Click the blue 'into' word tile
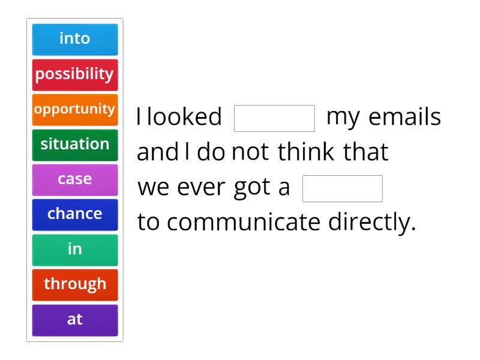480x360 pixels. point(74,39)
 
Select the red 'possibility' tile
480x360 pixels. point(74,74)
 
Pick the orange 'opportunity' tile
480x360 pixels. point(74,109)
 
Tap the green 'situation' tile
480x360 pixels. point(74,144)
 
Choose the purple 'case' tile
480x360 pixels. point(74,179)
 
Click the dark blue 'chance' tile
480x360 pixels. point(74,214)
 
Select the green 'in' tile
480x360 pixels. point(74,249)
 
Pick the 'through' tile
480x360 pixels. point(74,284)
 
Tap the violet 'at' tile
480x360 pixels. point(74,319)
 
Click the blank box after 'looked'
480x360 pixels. point(274,118)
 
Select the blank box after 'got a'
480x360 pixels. point(343,188)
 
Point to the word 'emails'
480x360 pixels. point(406,117)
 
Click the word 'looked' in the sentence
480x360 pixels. point(184,117)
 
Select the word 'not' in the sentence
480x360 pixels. point(251,152)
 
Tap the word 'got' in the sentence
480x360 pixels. point(253,188)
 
